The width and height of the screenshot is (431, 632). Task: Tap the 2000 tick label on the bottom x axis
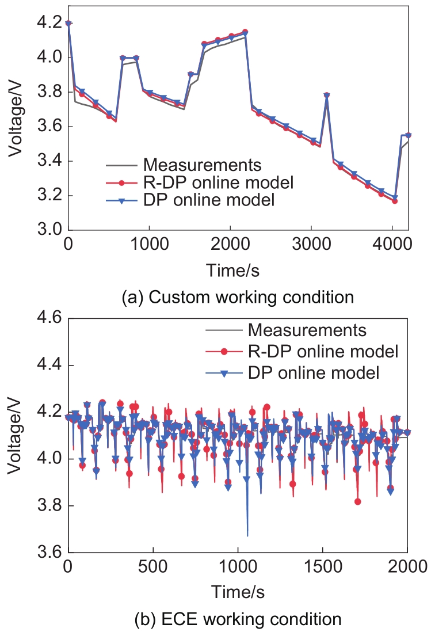click(407, 566)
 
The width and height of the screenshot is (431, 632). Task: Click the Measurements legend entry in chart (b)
click(307, 331)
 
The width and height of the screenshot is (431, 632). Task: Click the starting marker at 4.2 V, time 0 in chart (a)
click(68, 24)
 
